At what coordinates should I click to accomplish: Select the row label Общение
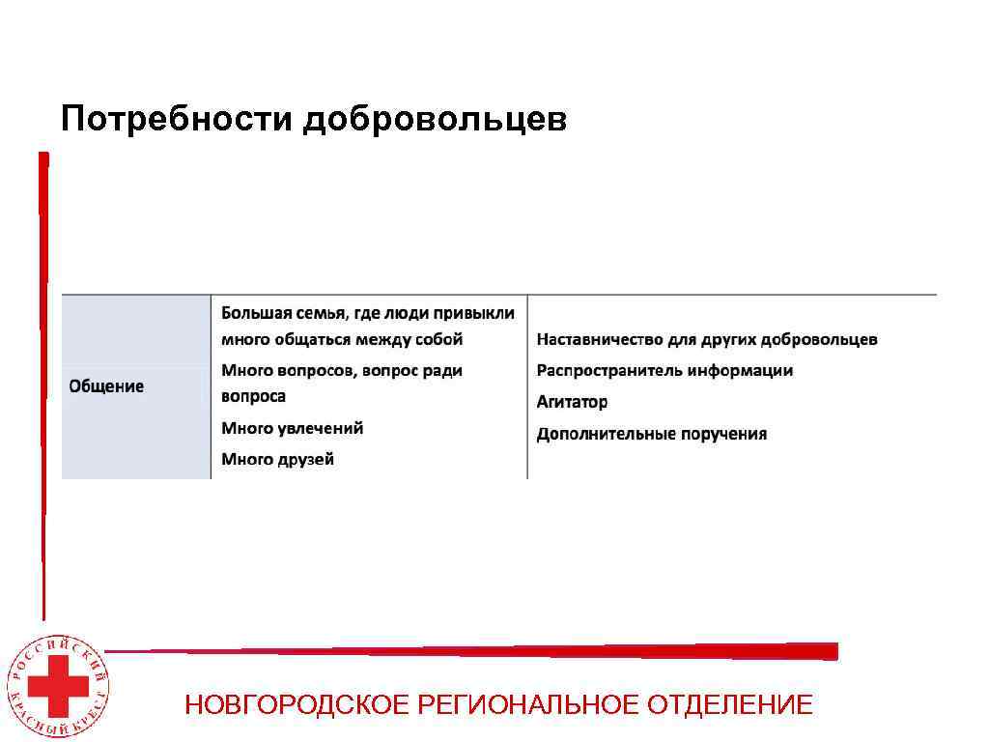coord(106,386)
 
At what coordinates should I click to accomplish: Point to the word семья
coord(319,313)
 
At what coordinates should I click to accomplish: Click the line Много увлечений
coord(293,428)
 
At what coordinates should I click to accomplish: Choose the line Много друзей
coord(278,459)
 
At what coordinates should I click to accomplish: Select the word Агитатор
coord(573,402)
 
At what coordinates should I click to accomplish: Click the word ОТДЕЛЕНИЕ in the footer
coord(730,705)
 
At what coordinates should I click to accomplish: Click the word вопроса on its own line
coord(254,396)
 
